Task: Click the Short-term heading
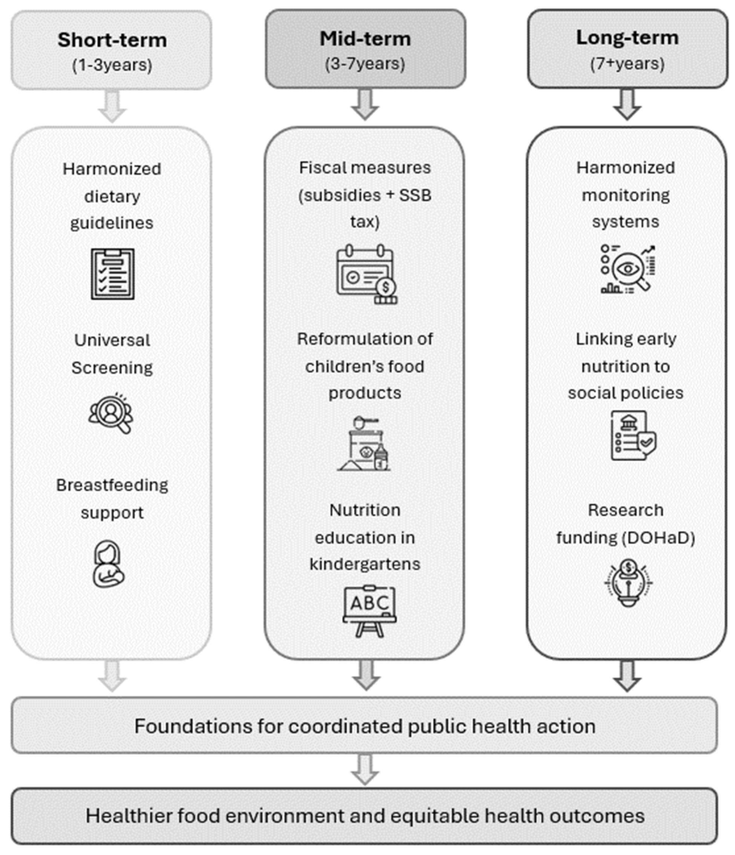(112, 40)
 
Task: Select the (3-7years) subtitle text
(365, 64)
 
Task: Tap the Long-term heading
(627, 38)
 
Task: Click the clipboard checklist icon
(113, 273)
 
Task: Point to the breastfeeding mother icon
(109, 564)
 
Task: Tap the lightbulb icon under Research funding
(628, 582)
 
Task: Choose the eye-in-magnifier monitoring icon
(628, 269)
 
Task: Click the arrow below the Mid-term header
(365, 104)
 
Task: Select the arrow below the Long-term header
(627, 104)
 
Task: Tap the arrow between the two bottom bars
(365, 770)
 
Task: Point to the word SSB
(415, 195)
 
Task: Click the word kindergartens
(365, 564)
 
